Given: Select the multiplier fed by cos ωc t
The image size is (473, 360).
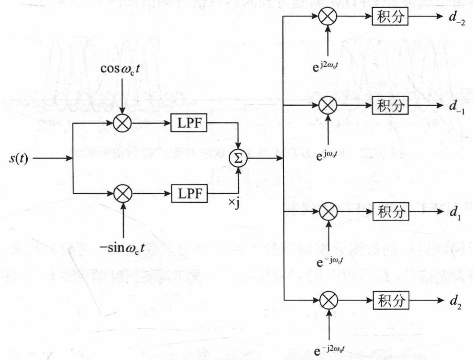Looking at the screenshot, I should coord(122,123).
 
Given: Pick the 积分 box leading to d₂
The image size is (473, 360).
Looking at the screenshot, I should coord(390,300).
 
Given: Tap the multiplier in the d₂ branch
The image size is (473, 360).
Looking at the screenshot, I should coord(327,300).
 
